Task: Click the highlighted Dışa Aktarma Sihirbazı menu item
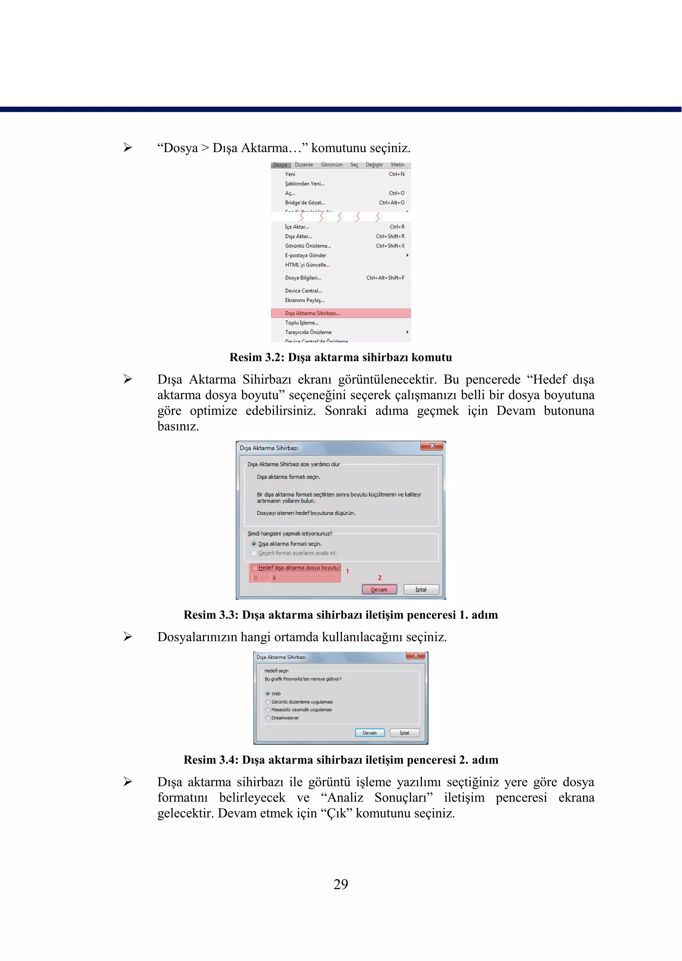312,313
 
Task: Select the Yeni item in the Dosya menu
290,174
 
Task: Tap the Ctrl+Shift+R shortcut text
390,236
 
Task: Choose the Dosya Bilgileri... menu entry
303,278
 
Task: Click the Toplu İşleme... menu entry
301,323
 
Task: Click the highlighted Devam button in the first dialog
379,590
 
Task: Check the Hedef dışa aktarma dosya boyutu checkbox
254,568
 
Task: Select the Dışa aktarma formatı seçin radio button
254,544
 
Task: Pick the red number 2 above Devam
380,578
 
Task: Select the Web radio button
267,694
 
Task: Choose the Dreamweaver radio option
267,718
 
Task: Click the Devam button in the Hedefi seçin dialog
370,733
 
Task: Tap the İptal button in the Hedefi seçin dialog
404,733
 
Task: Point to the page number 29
341,884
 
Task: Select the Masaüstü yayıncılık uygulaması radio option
267,710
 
